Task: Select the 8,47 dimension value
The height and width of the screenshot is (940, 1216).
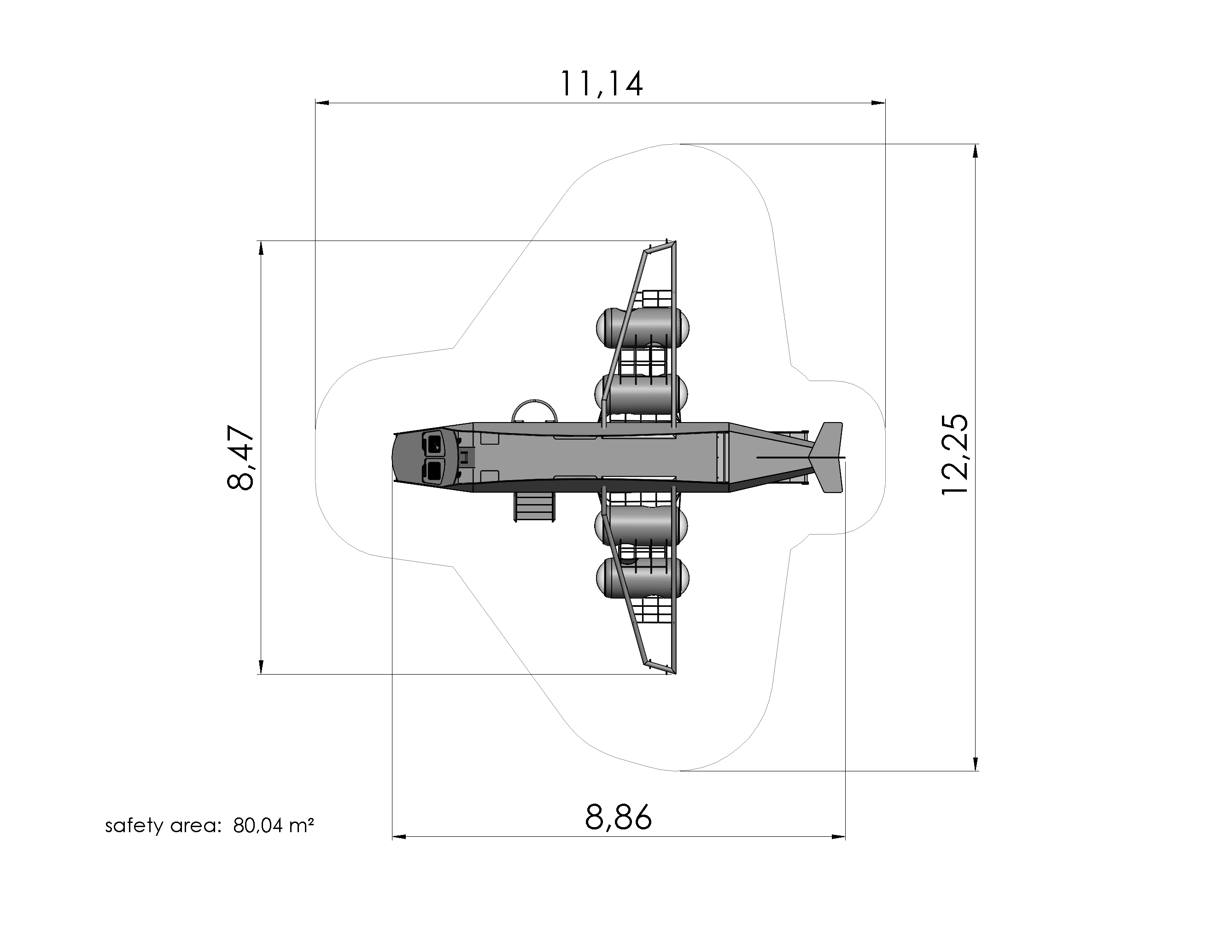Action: pyautogui.click(x=241, y=457)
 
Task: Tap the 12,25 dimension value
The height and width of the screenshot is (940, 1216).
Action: pyautogui.click(x=954, y=454)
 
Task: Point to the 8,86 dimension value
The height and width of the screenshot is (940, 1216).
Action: pyautogui.click(x=618, y=817)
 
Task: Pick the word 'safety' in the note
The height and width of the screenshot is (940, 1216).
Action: pyautogui.click(x=134, y=825)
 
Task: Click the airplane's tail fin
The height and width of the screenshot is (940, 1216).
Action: pyautogui.click(x=827, y=458)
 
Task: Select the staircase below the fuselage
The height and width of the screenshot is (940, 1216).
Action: pyautogui.click(x=534, y=507)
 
